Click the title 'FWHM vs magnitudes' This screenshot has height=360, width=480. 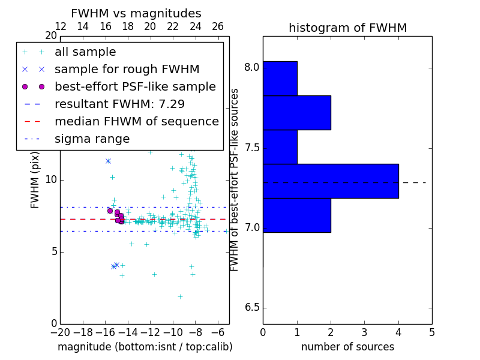coord(136,13)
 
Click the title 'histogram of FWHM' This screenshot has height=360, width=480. coord(347,28)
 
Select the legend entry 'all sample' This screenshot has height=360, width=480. coord(85,52)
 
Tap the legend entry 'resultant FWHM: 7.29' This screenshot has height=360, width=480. coord(119,104)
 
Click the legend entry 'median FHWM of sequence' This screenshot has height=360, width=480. coord(136,121)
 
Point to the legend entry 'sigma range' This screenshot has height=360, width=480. coord(92,139)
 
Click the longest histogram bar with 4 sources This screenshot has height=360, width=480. coord(331,181)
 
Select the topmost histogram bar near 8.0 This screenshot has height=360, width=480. coord(280,78)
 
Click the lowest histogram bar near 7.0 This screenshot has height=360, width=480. coord(297,215)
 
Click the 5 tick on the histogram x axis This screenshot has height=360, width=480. coord(431,332)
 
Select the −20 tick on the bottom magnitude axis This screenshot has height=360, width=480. coord(60,332)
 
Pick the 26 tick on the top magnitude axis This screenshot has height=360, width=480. coord(218,26)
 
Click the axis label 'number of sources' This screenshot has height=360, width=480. coord(347,347)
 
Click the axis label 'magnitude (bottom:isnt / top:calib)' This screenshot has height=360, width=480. coord(145,347)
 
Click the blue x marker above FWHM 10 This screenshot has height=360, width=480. coord(108,161)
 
